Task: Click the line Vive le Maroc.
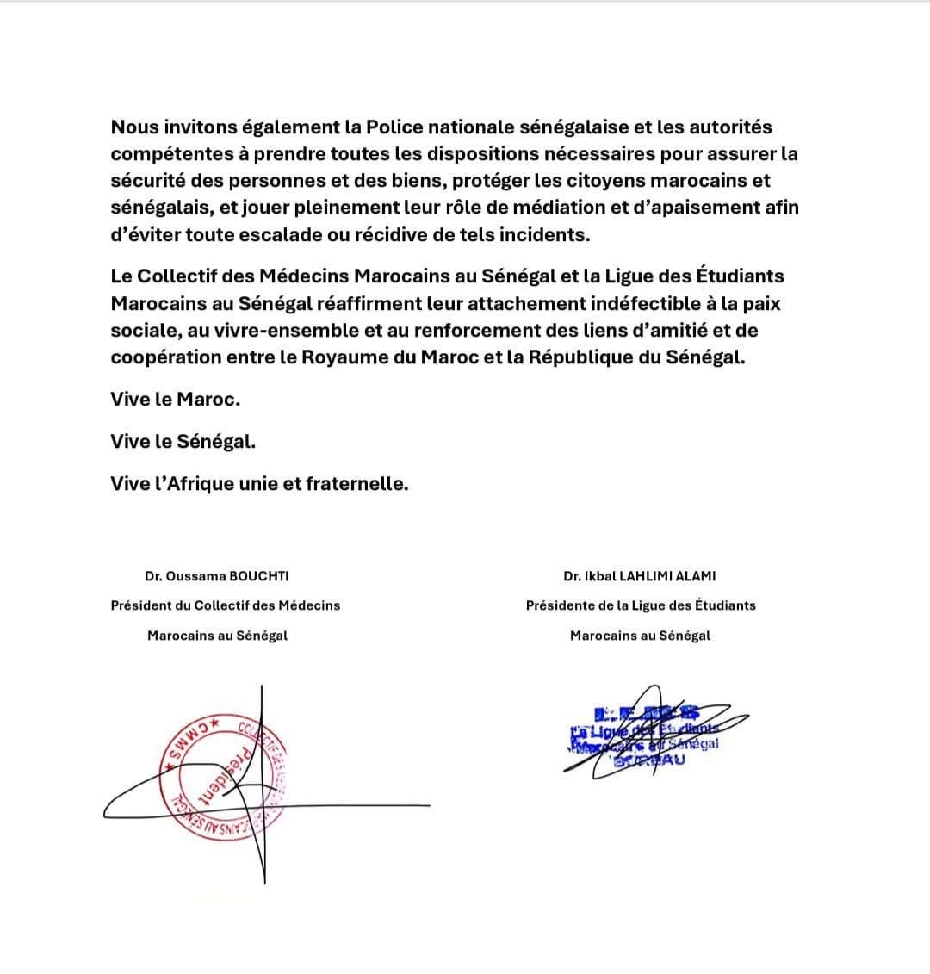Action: pos(176,400)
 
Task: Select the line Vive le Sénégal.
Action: pos(183,442)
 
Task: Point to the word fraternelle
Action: pos(357,484)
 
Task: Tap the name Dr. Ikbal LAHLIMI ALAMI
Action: pos(640,576)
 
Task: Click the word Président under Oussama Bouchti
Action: pos(142,605)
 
